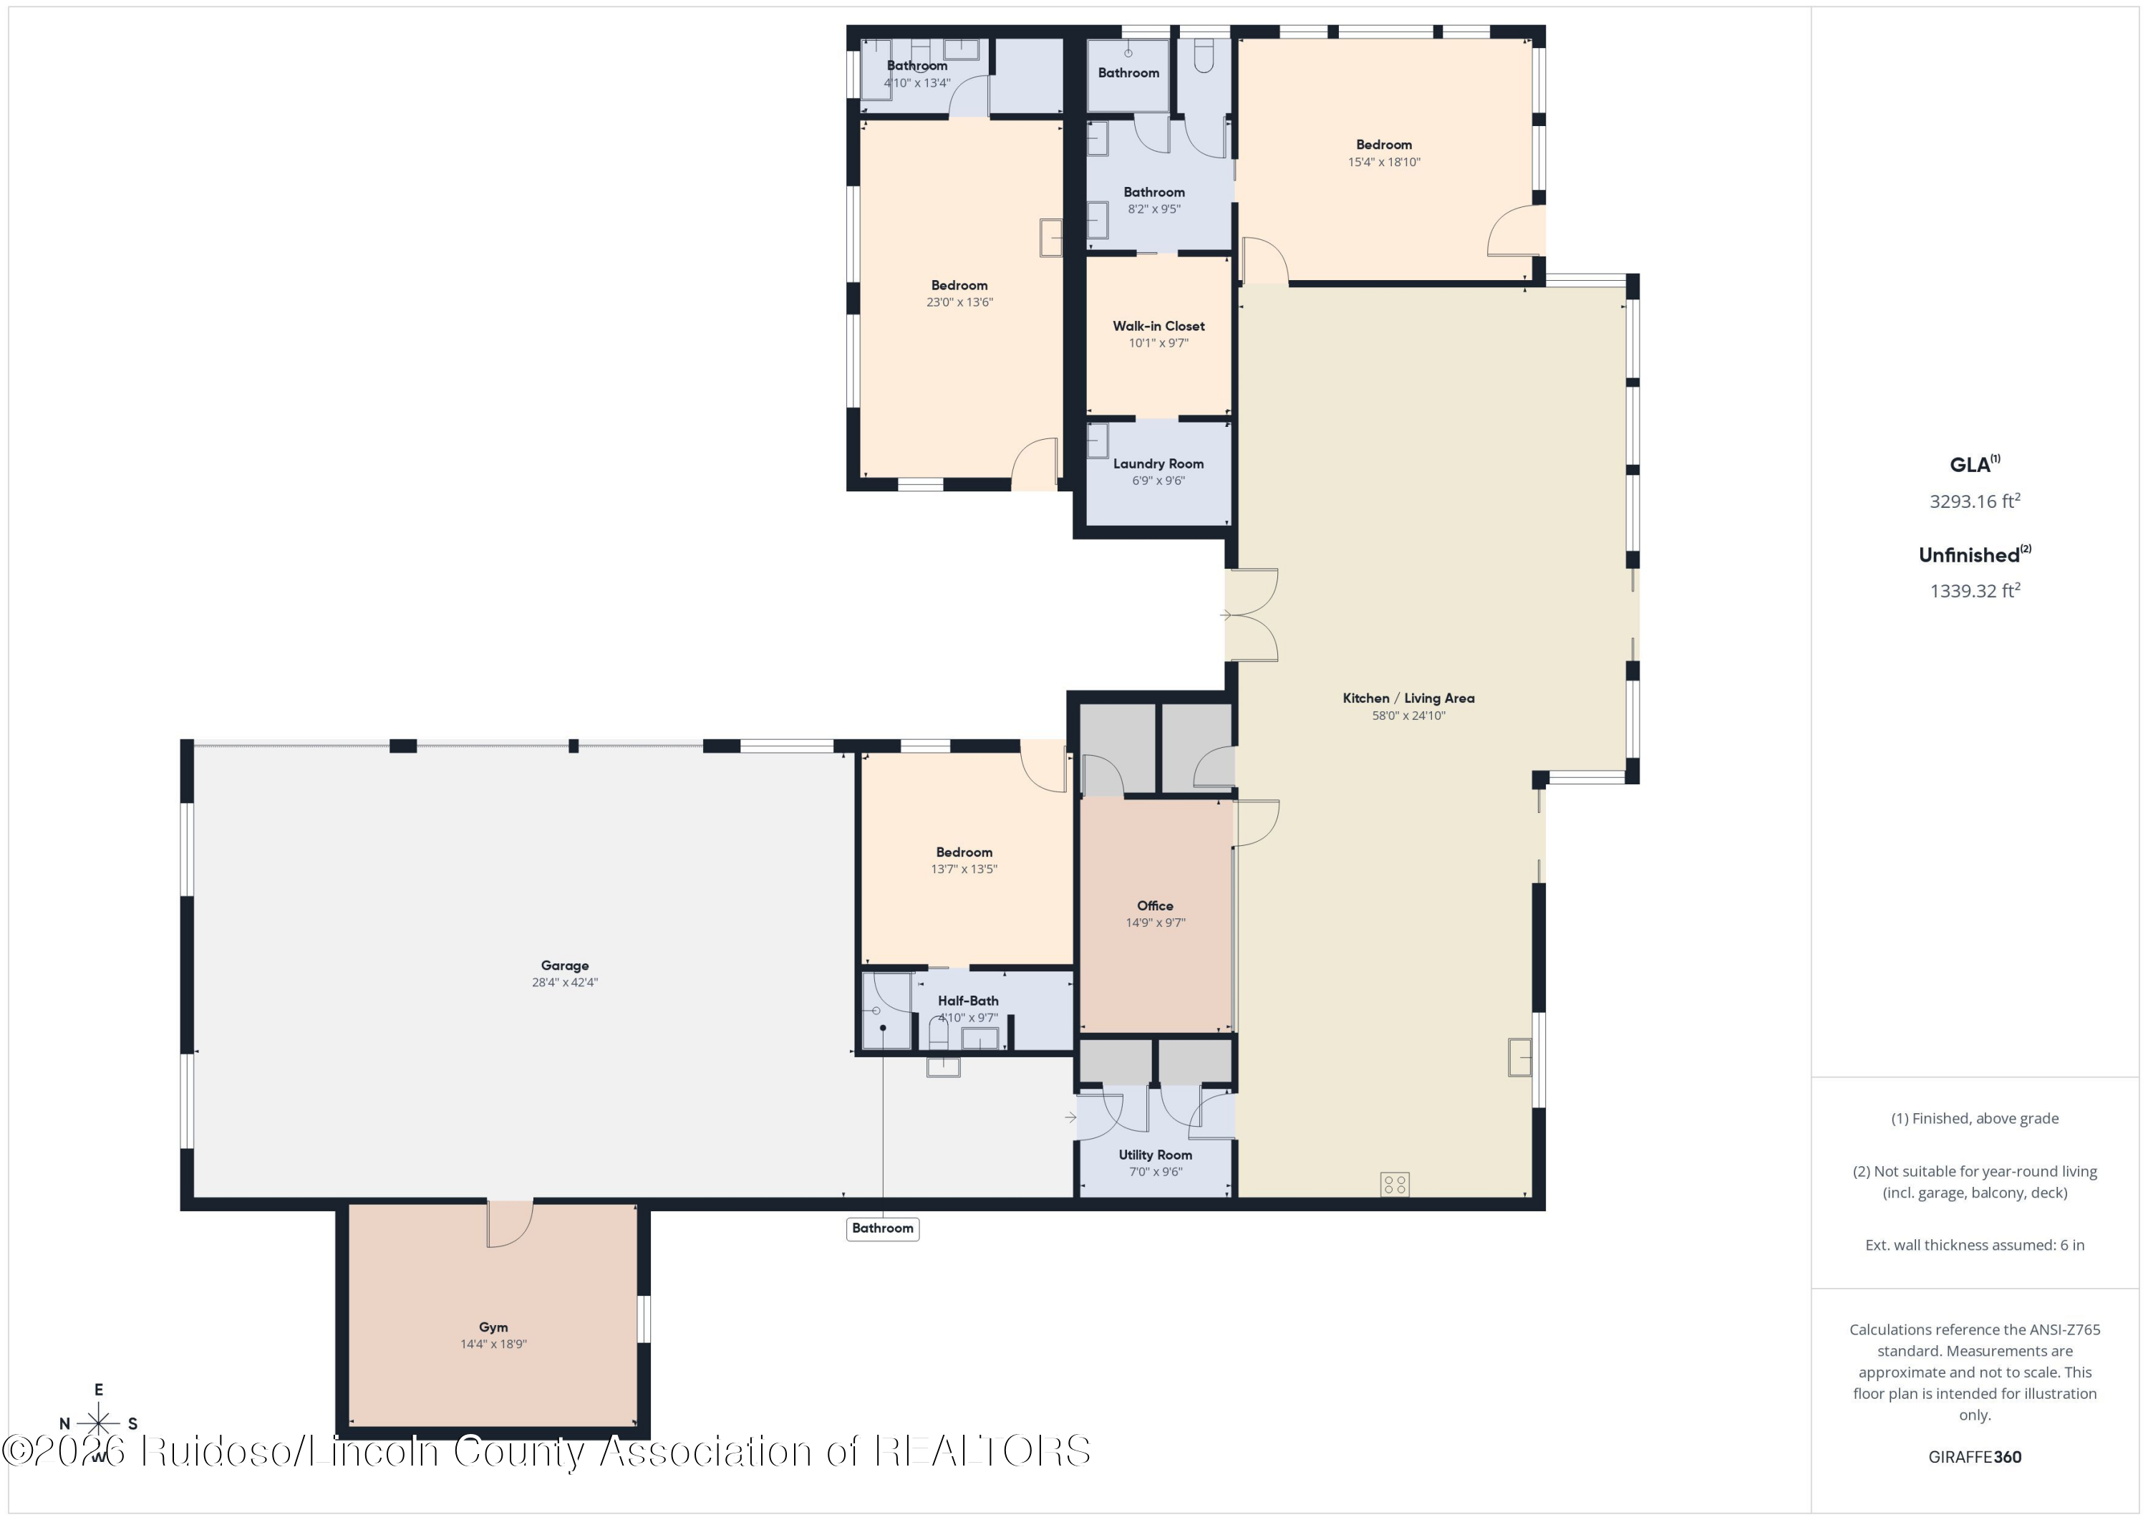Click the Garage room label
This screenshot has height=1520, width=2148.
564,965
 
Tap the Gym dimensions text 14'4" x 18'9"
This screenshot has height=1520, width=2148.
493,1344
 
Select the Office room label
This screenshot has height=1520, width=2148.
1154,905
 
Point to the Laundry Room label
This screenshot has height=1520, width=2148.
1158,463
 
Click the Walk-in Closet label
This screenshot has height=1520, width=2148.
1158,326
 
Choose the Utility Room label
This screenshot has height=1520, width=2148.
1156,1155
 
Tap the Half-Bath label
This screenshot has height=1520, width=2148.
967,1001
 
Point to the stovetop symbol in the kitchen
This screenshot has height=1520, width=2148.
1394,1184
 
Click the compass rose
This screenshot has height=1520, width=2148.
98,1423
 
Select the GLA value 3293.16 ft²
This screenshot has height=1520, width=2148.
1974,501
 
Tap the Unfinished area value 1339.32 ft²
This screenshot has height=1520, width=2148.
1974,590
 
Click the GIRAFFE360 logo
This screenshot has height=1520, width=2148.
1974,1456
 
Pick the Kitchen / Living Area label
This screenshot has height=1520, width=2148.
1408,698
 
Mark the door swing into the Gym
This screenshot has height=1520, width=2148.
510,1223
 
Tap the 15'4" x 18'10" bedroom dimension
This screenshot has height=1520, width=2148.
1383,162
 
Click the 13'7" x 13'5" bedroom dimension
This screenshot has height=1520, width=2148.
964,869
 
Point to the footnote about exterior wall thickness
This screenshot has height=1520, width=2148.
1974,1245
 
